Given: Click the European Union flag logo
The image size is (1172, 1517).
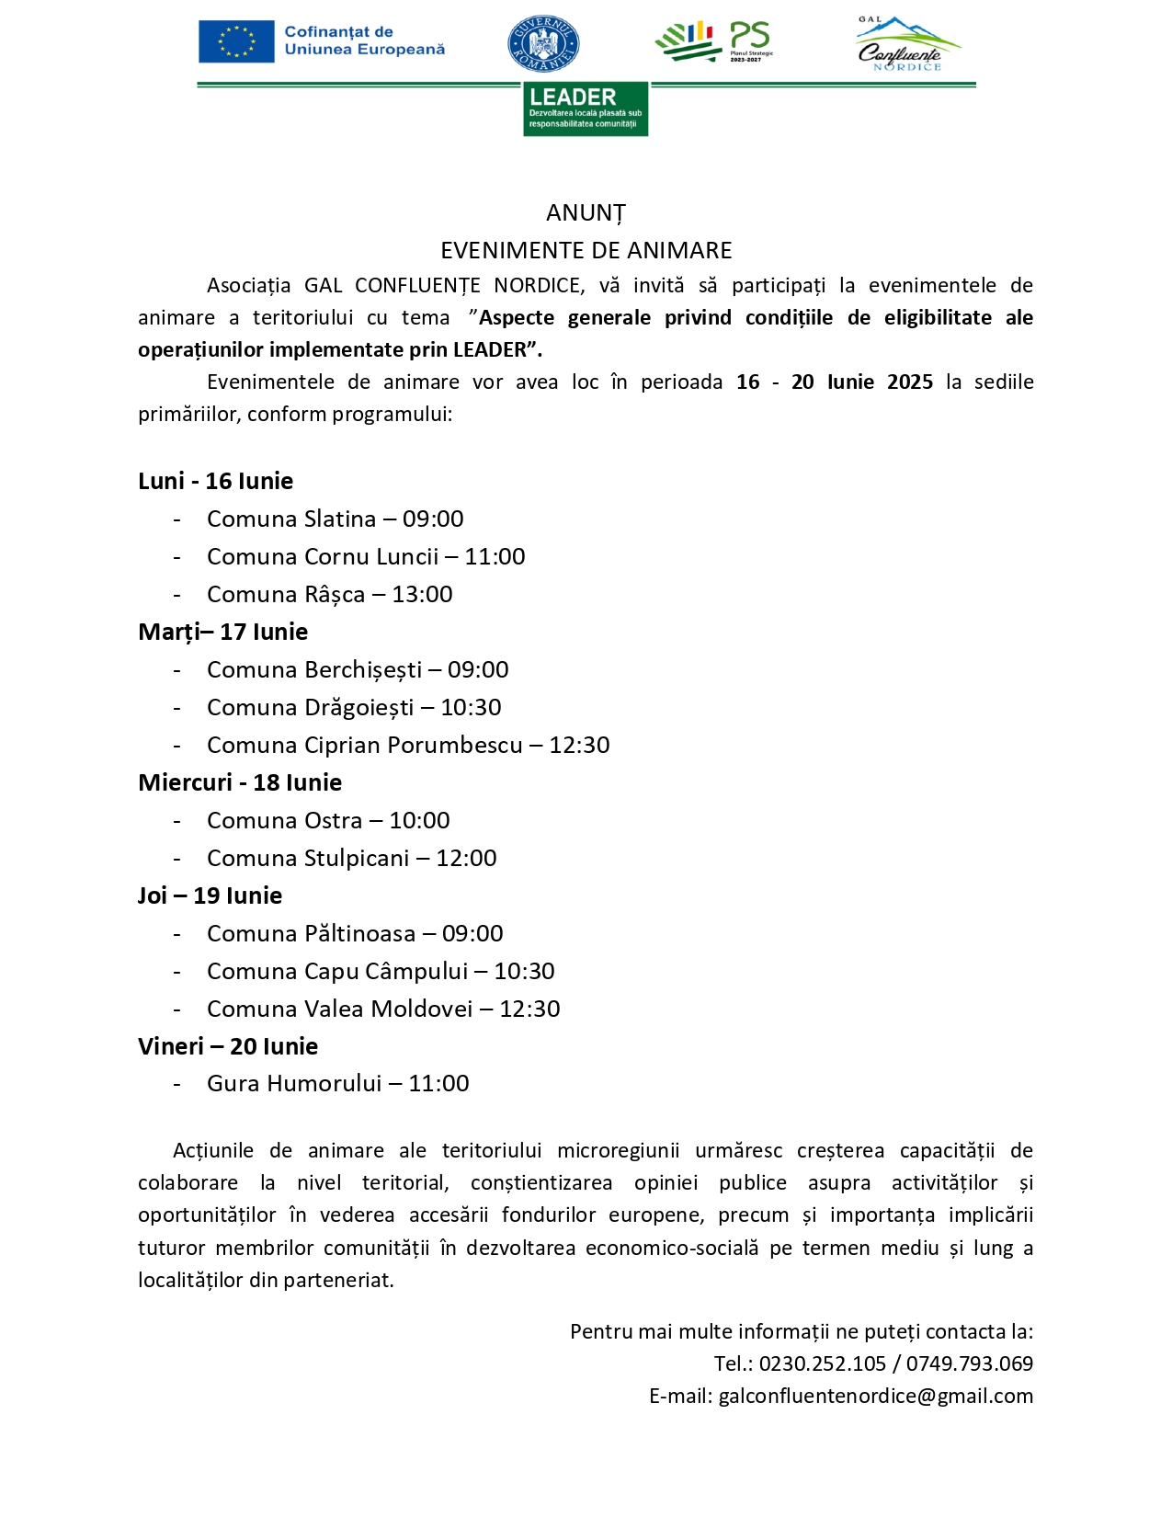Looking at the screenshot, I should pos(236,41).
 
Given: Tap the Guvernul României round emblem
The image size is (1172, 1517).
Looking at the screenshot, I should pos(543,44).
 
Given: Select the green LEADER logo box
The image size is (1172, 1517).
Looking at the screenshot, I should pos(586,109).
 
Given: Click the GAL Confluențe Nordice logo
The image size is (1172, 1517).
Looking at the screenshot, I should pos(905,44).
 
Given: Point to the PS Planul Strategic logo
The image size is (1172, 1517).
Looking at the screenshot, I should pos(714,41).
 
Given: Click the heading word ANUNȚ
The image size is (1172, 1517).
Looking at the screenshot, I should pos(586,213).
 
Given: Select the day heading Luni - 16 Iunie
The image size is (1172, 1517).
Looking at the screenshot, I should pos(215,481).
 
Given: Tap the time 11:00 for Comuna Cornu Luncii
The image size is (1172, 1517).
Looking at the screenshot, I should pos(495,556).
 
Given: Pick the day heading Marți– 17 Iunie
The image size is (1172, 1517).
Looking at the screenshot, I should pos(222,632).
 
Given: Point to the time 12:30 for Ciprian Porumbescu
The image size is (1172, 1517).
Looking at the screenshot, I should pos(579,745).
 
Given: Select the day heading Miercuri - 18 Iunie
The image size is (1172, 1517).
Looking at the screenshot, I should pos(240,782).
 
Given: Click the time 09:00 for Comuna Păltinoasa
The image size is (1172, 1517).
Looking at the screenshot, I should pos(472,934).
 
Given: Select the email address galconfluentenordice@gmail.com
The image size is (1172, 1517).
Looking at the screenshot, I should pos(875,1397).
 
